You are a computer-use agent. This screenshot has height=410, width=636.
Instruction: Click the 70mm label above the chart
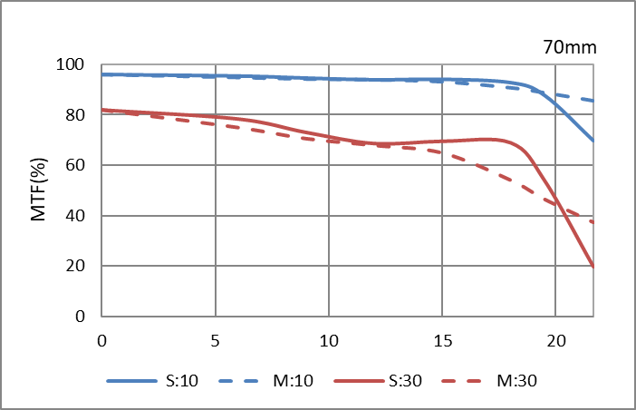[570, 45]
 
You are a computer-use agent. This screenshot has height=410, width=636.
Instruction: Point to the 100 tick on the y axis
[71, 65]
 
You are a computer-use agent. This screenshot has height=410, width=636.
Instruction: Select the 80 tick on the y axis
[74, 115]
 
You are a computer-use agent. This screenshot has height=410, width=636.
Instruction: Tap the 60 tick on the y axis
[74, 166]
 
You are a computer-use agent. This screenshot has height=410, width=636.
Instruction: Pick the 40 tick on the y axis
[74, 216]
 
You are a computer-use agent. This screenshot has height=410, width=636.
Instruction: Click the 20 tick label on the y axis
[74, 267]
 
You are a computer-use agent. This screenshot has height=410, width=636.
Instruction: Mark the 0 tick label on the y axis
[79, 317]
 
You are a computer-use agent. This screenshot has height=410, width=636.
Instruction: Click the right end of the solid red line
[593, 267]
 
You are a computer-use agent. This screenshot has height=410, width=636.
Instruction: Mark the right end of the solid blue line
[593, 141]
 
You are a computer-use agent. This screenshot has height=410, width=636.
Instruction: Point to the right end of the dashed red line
[593, 222]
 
